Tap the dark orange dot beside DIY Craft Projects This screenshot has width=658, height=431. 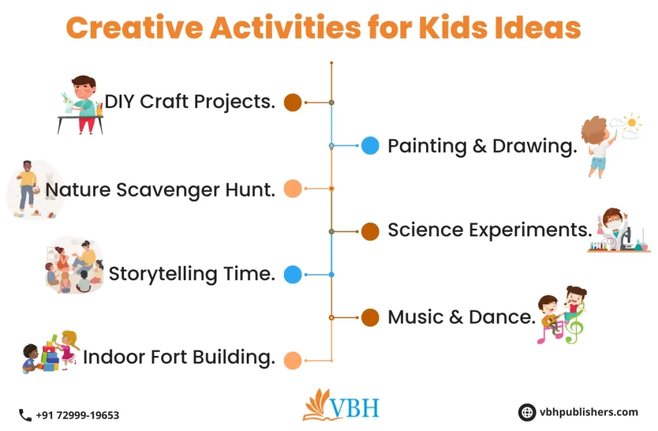tap(292, 102)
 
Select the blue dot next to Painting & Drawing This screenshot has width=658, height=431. tap(369, 146)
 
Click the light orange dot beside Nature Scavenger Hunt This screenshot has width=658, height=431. tap(292, 188)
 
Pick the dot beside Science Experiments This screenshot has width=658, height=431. tap(369, 231)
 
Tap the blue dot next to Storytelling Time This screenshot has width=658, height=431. tap(292, 274)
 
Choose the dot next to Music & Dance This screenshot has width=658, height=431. tap(369, 317)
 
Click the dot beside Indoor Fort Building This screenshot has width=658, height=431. tap(292, 360)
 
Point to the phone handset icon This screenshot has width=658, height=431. tap(25, 415)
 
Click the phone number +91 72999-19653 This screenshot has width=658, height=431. tap(77, 416)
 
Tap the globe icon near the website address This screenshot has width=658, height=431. tap(528, 412)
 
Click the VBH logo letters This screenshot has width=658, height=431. tap(355, 408)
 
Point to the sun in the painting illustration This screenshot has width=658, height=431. tap(633, 122)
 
